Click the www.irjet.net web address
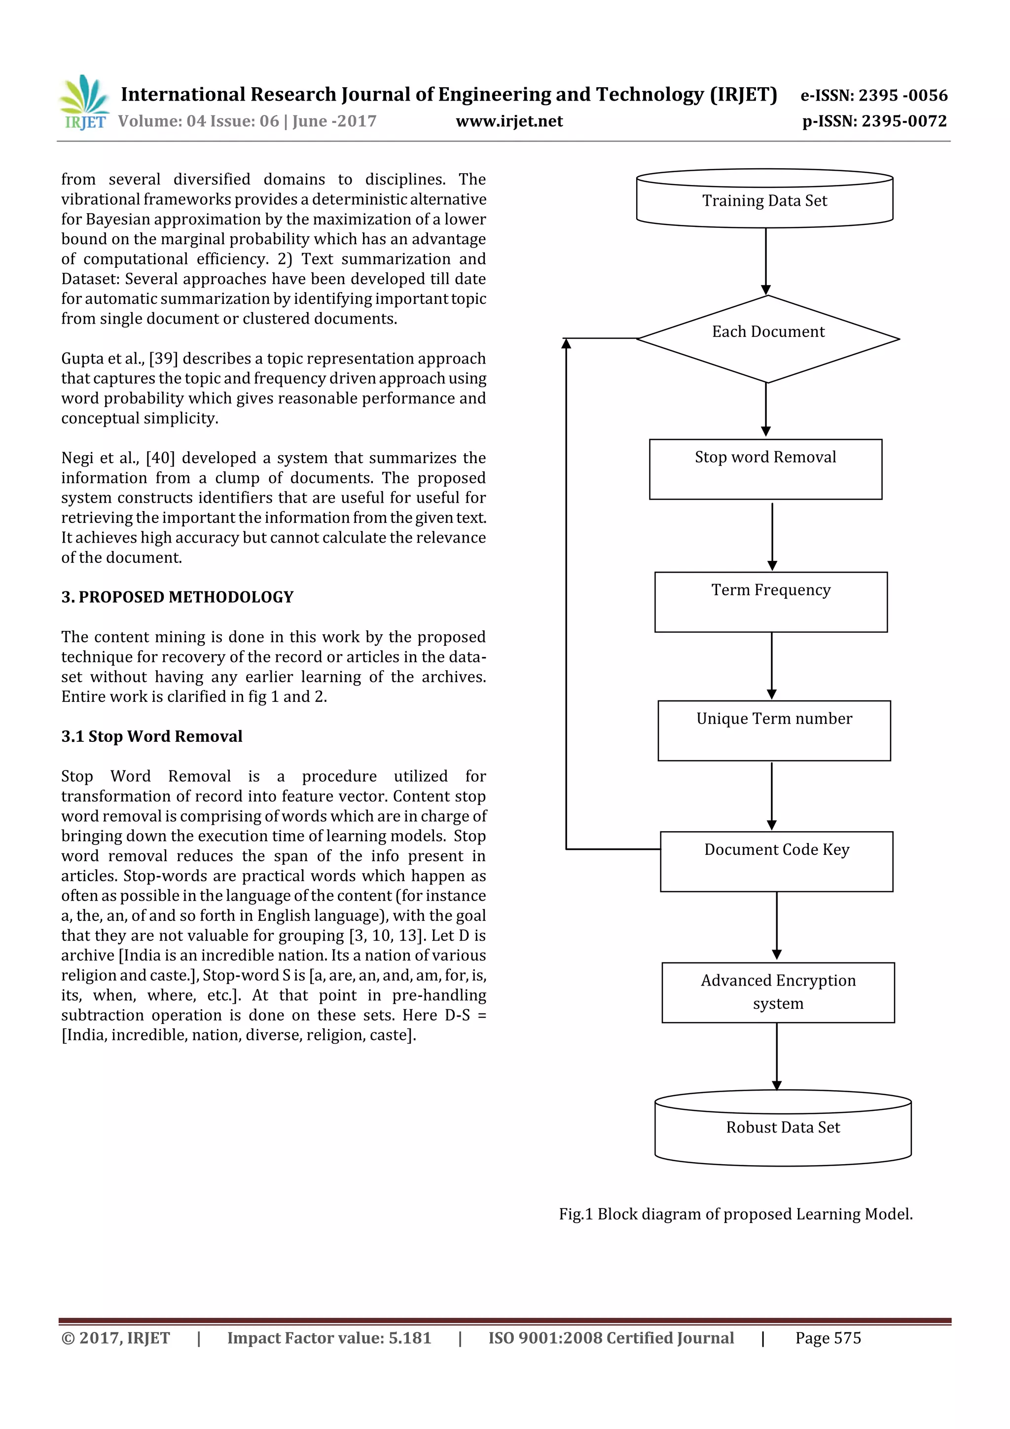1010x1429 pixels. click(x=509, y=121)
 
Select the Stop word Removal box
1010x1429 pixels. click(x=765, y=469)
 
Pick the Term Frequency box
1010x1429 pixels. click(x=770, y=602)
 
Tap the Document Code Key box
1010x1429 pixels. click(x=776, y=861)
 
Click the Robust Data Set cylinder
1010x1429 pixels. click(x=782, y=1128)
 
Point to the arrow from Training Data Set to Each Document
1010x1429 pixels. click(x=765, y=261)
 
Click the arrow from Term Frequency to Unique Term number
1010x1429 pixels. click(x=772, y=666)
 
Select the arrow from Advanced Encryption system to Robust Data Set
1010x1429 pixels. click(x=777, y=1056)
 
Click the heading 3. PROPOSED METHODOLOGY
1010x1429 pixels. click(x=178, y=597)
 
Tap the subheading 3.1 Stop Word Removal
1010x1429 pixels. click(x=152, y=736)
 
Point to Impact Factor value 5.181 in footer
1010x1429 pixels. click(x=329, y=1338)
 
